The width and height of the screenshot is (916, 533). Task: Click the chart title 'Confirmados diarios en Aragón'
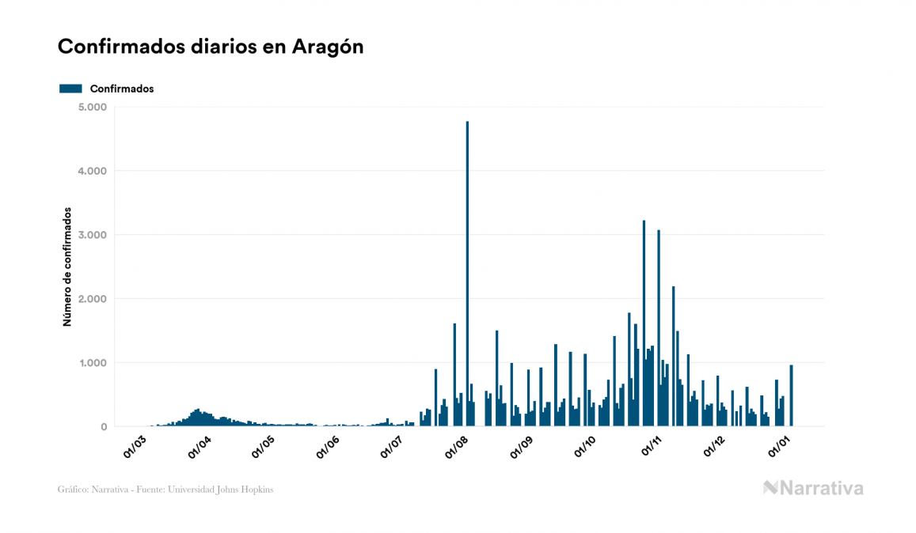click(211, 47)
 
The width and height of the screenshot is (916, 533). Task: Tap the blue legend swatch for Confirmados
click(70, 89)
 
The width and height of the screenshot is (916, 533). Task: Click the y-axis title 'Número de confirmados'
click(67, 267)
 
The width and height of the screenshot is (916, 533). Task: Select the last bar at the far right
click(791, 395)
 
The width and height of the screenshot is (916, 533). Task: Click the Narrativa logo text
click(821, 488)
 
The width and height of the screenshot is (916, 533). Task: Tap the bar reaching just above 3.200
click(644, 324)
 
